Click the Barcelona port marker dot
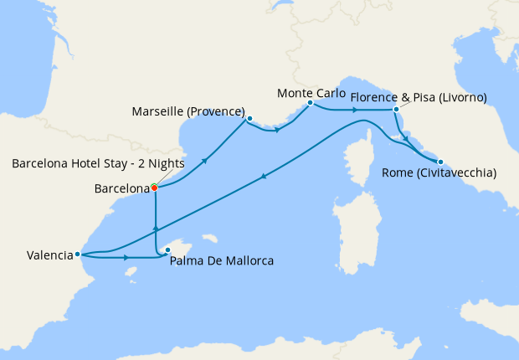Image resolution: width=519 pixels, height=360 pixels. [155, 188]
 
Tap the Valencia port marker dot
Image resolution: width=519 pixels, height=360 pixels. [77, 254]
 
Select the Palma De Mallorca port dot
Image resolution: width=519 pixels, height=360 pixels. [167, 249]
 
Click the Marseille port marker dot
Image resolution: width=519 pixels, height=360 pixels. [249, 119]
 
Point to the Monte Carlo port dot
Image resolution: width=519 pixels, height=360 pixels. [310, 103]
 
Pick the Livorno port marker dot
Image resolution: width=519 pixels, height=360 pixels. [395, 109]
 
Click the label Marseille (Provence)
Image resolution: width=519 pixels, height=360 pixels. [188, 111]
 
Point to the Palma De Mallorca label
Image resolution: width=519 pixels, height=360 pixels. [221, 261]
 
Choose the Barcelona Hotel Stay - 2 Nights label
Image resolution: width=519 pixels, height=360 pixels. [99, 163]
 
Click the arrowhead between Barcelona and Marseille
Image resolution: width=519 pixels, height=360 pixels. [205, 154]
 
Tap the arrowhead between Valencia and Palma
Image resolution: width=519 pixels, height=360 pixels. [127, 258]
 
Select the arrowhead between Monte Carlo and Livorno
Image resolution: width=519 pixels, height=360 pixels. [355, 110]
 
